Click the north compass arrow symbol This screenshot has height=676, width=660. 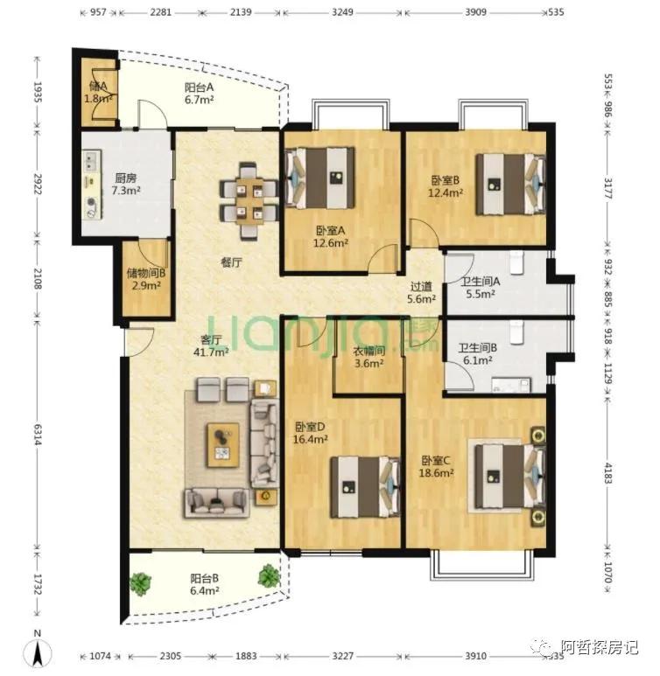pyautogui.click(x=38, y=650)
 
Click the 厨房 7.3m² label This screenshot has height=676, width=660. pyautogui.click(x=126, y=185)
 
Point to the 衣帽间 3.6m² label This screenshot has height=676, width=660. pyautogui.click(x=369, y=358)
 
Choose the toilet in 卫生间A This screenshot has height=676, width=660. pyautogui.click(x=516, y=262)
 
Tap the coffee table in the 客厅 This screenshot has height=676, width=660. pyautogui.click(x=223, y=445)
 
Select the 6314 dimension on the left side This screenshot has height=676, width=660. pyautogui.click(x=38, y=435)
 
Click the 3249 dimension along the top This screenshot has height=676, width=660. pyautogui.click(x=343, y=12)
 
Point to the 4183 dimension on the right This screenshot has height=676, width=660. pyautogui.click(x=607, y=473)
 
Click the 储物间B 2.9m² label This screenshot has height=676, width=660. pyautogui.click(x=146, y=279)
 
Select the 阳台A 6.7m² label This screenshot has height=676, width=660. pyautogui.click(x=199, y=94)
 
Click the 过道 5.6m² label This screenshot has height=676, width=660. pyautogui.click(x=421, y=292)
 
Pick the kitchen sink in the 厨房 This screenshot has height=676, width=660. pyautogui.click(x=92, y=160)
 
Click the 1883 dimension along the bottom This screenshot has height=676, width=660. pyautogui.click(x=246, y=656)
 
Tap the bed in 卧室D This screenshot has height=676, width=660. pyautogui.click(x=365, y=487)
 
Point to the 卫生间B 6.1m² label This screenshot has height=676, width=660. pyautogui.click(x=477, y=353)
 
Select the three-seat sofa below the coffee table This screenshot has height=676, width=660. pyautogui.click(x=217, y=502)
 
